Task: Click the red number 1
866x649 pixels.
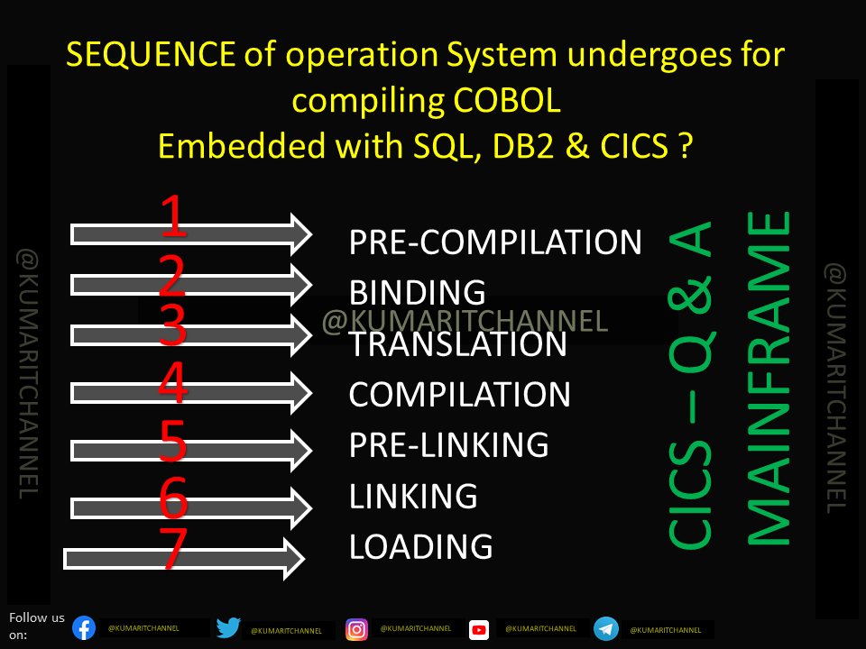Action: point(174,217)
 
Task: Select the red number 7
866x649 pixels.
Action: point(172,549)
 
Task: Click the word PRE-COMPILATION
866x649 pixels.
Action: point(495,242)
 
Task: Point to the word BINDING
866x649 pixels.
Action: point(418,292)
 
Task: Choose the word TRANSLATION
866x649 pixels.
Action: point(457,343)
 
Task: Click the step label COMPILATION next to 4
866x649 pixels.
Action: point(459,394)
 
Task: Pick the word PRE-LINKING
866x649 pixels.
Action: point(448,444)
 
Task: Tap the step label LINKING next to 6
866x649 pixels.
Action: point(412,496)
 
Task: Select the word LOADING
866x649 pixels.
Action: point(420,546)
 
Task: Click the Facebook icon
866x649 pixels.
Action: point(84,627)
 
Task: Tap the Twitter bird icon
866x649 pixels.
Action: point(228,628)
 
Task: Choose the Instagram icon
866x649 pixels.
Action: point(357,629)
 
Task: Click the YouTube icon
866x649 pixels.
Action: point(479,629)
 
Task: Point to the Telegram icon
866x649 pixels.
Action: point(606,628)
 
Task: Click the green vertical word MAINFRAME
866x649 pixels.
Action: point(769,379)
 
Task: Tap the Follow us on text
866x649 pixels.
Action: point(36,626)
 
